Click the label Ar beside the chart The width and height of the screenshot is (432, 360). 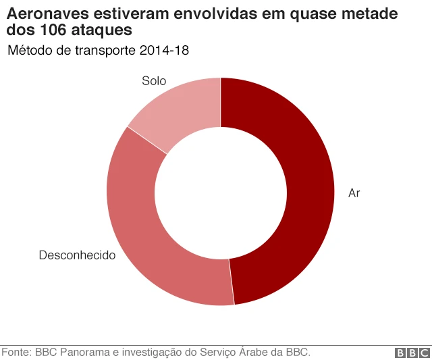[x=354, y=193]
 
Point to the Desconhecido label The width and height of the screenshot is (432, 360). [x=77, y=255]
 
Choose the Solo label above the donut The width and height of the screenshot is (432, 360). [x=154, y=81]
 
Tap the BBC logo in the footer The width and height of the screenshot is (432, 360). [x=412, y=353]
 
